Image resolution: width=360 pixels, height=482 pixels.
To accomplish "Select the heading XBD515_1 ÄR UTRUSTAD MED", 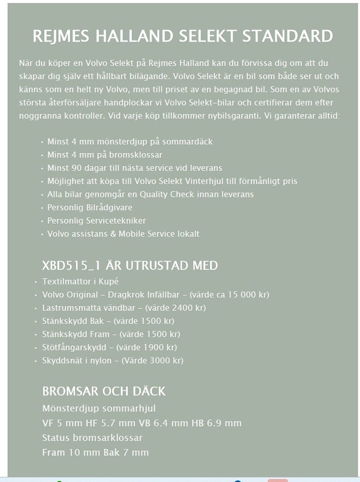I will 130,265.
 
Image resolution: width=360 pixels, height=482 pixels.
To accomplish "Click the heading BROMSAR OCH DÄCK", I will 104,391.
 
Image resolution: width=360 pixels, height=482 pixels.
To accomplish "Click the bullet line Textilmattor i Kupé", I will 80,282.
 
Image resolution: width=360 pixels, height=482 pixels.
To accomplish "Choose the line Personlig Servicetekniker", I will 96,221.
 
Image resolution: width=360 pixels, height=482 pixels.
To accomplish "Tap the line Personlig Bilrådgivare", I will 90,207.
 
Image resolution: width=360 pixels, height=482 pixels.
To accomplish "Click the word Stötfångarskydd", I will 74,347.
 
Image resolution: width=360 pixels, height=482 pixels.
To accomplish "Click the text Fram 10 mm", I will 66,452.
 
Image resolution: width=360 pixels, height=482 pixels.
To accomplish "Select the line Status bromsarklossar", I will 92,438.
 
